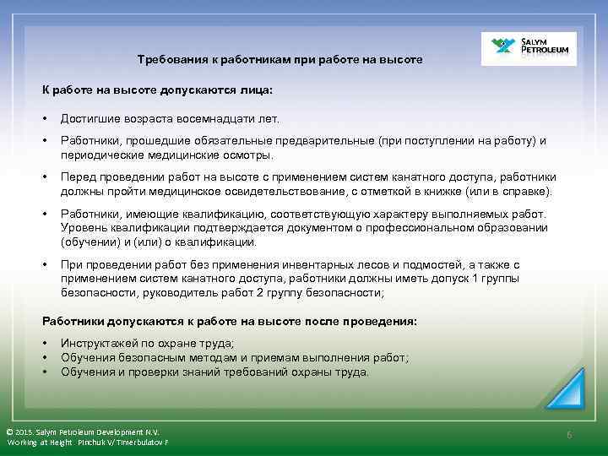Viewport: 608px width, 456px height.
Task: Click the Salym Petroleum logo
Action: coord(529,49)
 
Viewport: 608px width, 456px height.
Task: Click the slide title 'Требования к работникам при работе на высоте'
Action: coord(280,60)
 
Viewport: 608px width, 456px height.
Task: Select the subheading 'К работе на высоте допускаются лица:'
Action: coord(158,89)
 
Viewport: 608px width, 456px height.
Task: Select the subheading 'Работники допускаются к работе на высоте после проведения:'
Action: coord(230,322)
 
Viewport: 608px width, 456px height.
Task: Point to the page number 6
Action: coord(569,435)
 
